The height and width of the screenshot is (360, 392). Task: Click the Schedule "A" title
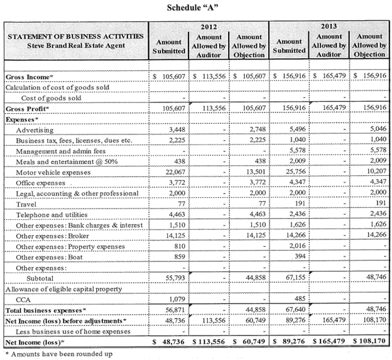pos(195,8)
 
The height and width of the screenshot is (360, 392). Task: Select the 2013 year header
pos(329,28)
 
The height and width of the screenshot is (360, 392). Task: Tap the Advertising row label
pos(36,129)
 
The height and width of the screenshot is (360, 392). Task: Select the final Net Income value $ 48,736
pos(171,342)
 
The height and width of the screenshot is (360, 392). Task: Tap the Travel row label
pos(27,204)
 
